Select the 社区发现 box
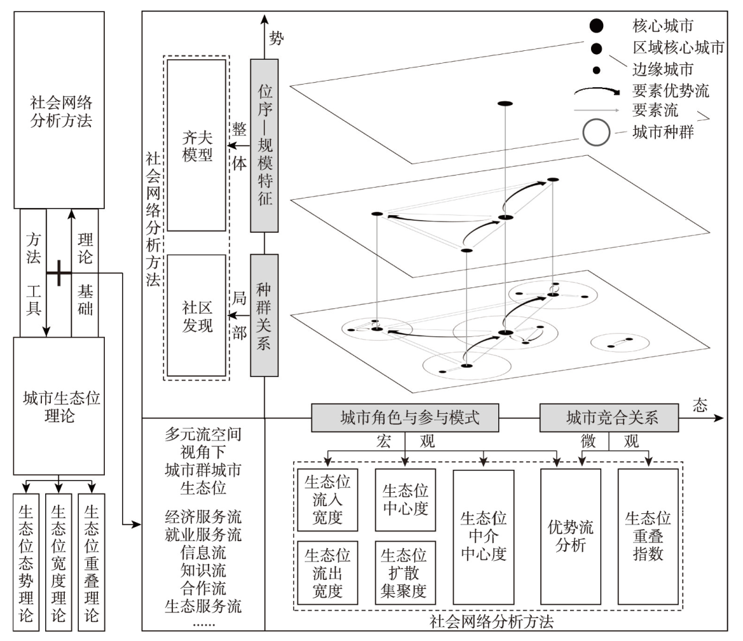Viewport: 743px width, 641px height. tap(196, 315)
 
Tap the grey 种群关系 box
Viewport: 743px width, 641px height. tap(264, 315)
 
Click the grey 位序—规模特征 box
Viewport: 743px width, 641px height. tap(264, 145)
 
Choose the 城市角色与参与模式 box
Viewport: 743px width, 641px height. tap(406, 418)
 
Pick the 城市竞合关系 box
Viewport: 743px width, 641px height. tap(609, 418)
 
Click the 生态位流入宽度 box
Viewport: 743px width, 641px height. tap(328, 500)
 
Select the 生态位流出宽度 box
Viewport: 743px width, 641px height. tap(328, 572)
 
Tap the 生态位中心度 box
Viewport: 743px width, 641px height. tap(406, 500)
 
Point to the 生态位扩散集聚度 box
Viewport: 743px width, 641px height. tap(406, 572)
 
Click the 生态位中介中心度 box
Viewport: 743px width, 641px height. tap(482, 536)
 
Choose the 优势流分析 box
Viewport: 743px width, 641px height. tap(570, 536)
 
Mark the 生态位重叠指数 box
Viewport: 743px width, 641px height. tap(648, 536)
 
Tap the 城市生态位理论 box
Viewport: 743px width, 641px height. tap(59, 406)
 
